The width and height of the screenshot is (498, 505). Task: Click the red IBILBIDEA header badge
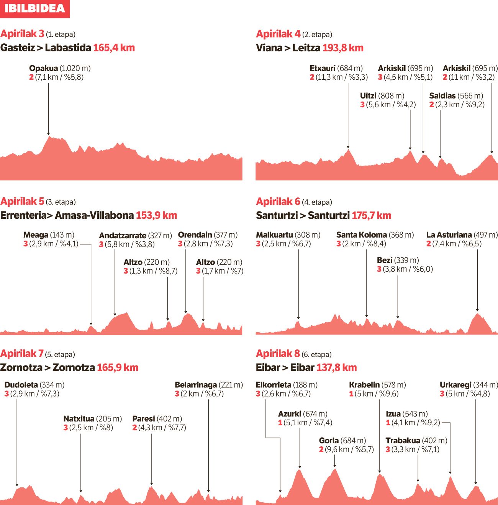point(34,8)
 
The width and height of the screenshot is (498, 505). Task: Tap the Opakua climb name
point(43,68)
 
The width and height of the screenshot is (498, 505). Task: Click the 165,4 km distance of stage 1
point(114,48)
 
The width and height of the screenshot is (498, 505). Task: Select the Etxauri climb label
point(323,68)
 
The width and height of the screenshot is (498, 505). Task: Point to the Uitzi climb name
point(368,96)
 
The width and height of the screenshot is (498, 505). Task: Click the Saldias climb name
point(442,96)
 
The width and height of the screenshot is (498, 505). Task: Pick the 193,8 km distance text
point(343,48)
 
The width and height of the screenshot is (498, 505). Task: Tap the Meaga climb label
point(36,235)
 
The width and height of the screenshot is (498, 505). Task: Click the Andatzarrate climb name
point(123,235)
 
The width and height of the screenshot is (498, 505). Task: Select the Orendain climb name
point(195,234)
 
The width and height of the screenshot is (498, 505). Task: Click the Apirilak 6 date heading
point(278,202)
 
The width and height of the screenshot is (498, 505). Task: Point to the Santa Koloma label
point(362,235)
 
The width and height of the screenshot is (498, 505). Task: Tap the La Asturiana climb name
point(449,235)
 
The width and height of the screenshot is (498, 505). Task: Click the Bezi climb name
point(385,260)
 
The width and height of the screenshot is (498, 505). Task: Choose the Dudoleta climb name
point(21,385)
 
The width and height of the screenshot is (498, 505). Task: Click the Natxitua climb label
point(79,419)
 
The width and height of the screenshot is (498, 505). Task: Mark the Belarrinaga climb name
point(196,385)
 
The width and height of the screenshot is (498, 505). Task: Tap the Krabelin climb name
point(364,385)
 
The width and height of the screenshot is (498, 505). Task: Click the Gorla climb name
point(329,441)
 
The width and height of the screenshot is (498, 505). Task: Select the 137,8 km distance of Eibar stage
point(337,368)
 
